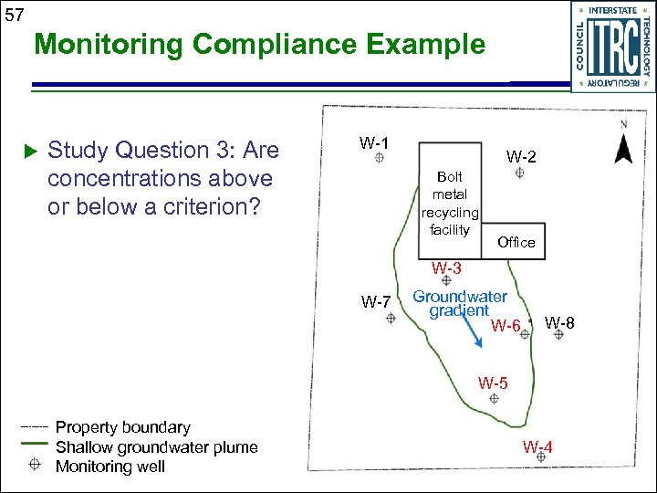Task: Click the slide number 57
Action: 15,14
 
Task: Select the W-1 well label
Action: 374,142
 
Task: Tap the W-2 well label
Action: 522,156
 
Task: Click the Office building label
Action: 516,242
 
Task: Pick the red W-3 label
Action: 446,268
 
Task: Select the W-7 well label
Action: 376,302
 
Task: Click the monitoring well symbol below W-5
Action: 495,399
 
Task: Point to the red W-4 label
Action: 537,446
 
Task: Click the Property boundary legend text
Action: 123,427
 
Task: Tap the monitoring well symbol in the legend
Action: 34,466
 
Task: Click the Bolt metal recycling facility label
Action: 450,203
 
